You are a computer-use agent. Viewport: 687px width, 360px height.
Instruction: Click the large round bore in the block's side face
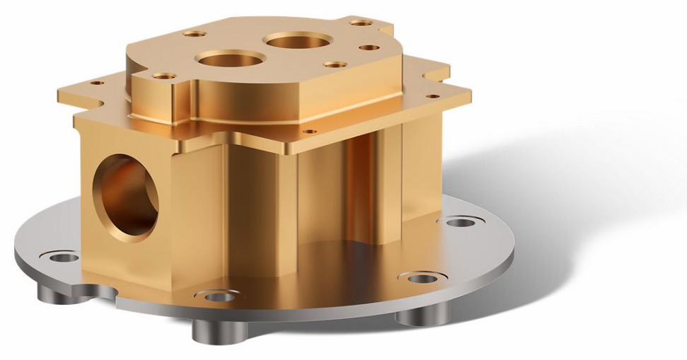(x=125, y=196)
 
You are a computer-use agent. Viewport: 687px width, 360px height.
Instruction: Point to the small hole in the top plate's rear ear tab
(x=362, y=23)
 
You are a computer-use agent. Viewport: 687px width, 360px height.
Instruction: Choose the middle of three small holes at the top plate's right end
(x=369, y=48)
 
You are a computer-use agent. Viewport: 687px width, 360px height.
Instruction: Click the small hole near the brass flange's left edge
(x=97, y=83)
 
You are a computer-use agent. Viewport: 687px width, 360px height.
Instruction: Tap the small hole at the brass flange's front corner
(x=307, y=131)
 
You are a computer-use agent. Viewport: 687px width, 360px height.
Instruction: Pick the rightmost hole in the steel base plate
(x=460, y=223)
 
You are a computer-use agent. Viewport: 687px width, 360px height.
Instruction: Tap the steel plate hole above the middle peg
(x=219, y=296)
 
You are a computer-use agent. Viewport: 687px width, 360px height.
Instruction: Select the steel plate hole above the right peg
(x=422, y=277)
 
